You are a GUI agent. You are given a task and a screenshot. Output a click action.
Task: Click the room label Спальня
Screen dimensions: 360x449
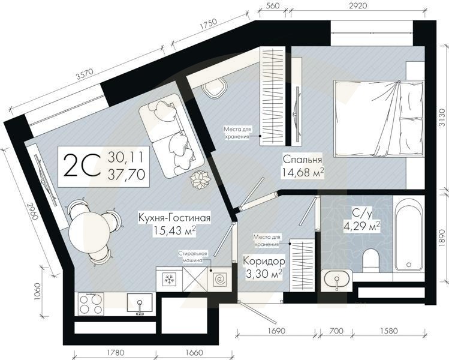click(303, 160)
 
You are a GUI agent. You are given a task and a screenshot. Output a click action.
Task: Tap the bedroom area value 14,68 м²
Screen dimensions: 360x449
click(303, 174)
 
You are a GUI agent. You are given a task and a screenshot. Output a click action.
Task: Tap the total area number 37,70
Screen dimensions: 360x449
click(126, 174)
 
